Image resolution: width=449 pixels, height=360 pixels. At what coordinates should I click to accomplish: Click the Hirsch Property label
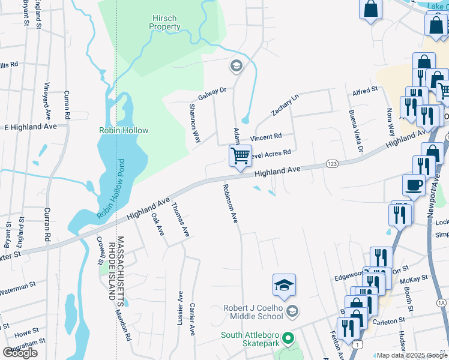[164, 23]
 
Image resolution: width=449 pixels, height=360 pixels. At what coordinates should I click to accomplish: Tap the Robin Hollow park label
[124, 130]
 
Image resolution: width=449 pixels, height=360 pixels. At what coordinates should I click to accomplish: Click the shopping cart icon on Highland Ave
[240, 157]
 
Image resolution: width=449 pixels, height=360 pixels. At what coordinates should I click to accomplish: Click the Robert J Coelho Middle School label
[253, 312]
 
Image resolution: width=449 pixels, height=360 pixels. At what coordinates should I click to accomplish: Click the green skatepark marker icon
[288, 339]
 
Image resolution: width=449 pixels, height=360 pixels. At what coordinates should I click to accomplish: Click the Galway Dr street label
[212, 94]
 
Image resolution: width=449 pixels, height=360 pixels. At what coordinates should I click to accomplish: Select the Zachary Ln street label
[285, 106]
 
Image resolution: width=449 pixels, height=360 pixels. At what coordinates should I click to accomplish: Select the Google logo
[20, 353]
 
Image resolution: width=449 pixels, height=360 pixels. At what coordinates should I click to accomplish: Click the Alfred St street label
[364, 90]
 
